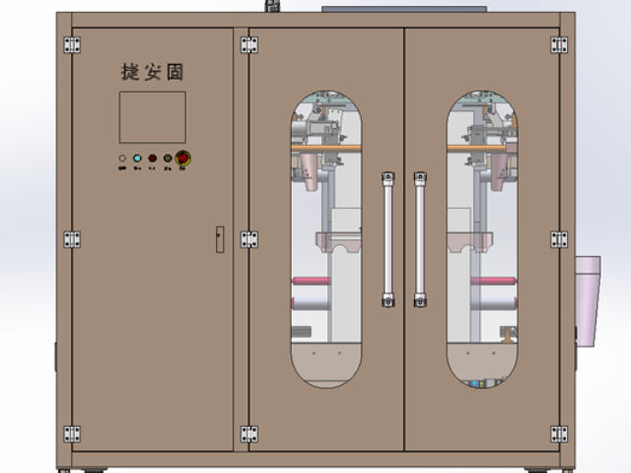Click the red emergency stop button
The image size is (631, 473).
click(183, 158)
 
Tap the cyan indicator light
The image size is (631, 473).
click(137, 158)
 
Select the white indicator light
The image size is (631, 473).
click(122, 158)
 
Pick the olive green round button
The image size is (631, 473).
click(168, 158)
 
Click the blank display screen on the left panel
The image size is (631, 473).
click(153, 117)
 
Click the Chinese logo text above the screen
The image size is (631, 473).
click(153, 72)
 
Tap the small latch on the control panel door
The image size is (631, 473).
click(219, 237)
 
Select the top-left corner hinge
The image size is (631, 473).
click(72, 44)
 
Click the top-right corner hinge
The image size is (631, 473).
click(559, 44)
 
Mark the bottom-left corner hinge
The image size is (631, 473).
click(72, 434)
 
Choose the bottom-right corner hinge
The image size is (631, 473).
click(559, 434)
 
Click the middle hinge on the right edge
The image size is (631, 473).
click(559, 239)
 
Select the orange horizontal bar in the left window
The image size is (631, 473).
click(325, 149)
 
